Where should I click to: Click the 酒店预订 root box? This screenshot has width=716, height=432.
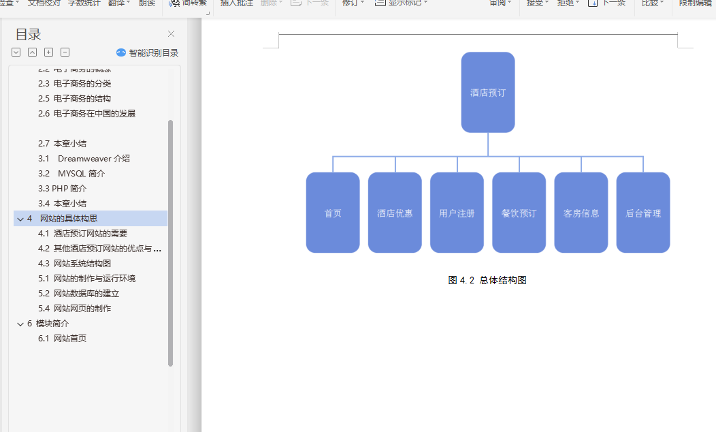pos(487,92)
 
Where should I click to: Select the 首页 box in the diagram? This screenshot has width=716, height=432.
pos(333,213)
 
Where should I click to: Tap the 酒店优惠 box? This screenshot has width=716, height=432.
pos(395,213)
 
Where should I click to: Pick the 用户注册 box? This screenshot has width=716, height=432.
pos(457,213)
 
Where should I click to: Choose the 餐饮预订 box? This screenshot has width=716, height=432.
pos(519,213)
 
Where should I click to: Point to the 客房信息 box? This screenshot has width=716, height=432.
pos(581,213)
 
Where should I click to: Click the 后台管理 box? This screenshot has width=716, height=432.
pos(643,213)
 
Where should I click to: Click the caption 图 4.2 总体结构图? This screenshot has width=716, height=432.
pos(487,280)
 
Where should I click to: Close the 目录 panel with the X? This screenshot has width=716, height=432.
pos(171,34)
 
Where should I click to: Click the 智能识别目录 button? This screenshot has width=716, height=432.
pos(148,52)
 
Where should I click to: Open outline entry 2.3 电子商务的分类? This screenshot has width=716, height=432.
pos(74,83)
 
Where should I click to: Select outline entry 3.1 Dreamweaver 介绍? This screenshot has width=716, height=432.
pos(84,158)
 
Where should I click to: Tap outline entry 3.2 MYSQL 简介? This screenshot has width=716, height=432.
pos(71,173)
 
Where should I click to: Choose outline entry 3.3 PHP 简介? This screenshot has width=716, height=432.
pos(62,188)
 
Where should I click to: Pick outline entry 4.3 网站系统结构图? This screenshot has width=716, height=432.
pos(74,263)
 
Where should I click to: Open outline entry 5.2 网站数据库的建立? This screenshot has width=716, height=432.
pos(78,293)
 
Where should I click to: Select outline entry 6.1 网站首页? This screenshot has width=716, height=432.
pos(62,338)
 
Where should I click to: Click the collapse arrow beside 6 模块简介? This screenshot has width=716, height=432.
pos(20,324)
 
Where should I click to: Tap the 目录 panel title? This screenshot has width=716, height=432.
pos(28,35)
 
